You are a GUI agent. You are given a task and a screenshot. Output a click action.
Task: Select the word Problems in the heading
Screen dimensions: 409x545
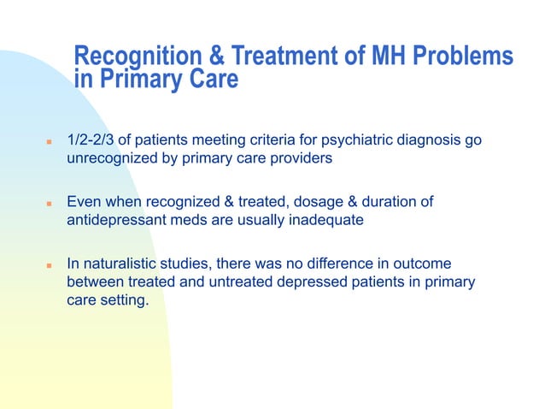pyautogui.click(x=466, y=57)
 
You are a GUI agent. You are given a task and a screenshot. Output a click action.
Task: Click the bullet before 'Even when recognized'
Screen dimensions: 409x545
pyautogui.click(x=50, y=204)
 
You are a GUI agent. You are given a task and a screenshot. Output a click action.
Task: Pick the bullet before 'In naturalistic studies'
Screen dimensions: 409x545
pyautogui.click(x=50, y=265)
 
